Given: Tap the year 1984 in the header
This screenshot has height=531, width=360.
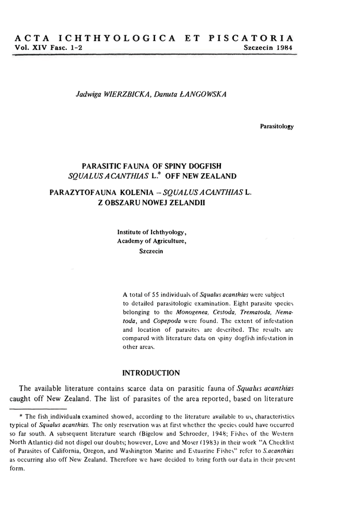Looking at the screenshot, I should (283, 47).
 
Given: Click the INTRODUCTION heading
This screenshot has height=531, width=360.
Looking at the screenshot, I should (150, 373).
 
